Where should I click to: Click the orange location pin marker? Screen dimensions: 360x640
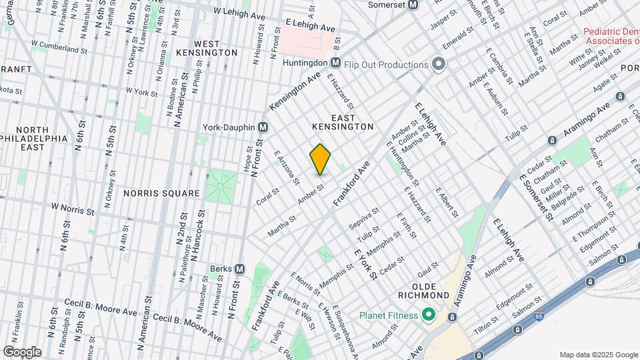320,159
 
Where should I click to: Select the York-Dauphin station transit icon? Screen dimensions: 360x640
263,127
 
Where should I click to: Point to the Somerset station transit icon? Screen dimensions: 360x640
413,5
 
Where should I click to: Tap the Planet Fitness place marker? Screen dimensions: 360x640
429,315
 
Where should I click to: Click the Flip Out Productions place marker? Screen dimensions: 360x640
438,65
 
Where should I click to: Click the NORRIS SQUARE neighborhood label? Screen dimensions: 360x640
161,193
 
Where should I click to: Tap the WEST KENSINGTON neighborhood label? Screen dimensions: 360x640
207,47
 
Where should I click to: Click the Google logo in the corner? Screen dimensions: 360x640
22,351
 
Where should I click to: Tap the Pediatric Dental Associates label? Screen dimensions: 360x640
611,36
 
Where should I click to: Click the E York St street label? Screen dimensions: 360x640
367,263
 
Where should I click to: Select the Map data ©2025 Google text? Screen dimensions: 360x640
598,355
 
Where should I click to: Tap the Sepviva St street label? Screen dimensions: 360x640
364,219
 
